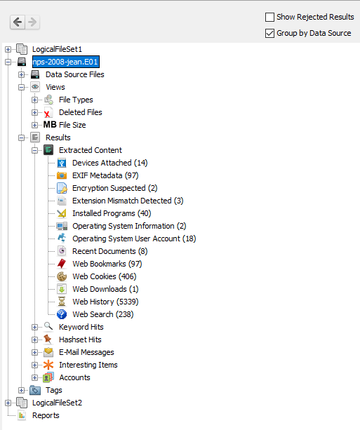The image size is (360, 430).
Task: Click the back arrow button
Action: click(18, 22)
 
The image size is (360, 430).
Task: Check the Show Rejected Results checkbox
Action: click(269, 17)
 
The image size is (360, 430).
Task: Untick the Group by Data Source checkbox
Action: click(269, 33)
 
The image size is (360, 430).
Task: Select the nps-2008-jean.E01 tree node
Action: click(65, 62)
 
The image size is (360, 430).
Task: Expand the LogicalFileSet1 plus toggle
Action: click(8, 49)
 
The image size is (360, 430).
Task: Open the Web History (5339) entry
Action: click(105, 302)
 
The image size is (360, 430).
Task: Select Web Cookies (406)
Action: click(105, 276)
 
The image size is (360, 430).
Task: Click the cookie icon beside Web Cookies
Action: click(62, 276)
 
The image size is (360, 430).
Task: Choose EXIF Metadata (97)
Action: click(105, 175)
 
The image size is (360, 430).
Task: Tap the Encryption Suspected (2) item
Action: click(114, 188)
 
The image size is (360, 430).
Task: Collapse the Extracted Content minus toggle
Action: click(34, 150)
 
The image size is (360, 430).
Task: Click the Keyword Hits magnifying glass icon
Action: click(48, 326)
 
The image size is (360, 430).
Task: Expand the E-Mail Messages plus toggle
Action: click(34, 352)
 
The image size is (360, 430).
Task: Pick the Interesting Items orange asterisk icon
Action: click(48, 365)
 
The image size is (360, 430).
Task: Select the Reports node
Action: click(46, 415)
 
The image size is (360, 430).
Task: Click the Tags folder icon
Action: click(35, 390)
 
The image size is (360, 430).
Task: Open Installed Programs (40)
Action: click(112, 213)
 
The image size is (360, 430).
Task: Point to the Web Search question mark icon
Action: click(62, 314)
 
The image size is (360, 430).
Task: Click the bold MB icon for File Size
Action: click(50, 125)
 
